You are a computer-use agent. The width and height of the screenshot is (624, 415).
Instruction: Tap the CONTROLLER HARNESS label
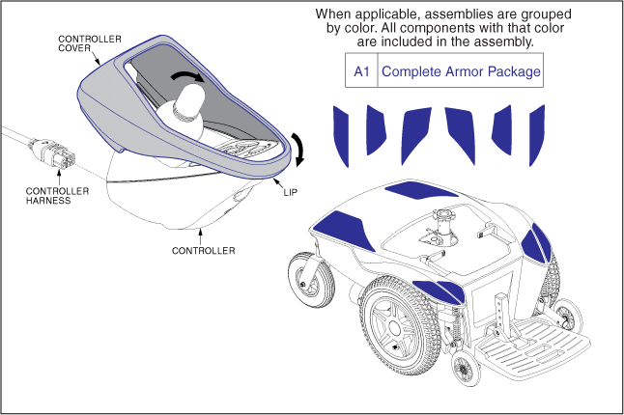56,196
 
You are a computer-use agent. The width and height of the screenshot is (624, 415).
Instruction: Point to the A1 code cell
361,71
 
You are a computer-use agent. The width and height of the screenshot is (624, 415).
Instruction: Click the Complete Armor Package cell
461,71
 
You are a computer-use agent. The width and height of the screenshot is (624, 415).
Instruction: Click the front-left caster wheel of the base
315,278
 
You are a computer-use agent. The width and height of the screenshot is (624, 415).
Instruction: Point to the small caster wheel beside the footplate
467,369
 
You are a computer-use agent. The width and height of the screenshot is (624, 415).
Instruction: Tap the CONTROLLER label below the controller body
203,250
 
